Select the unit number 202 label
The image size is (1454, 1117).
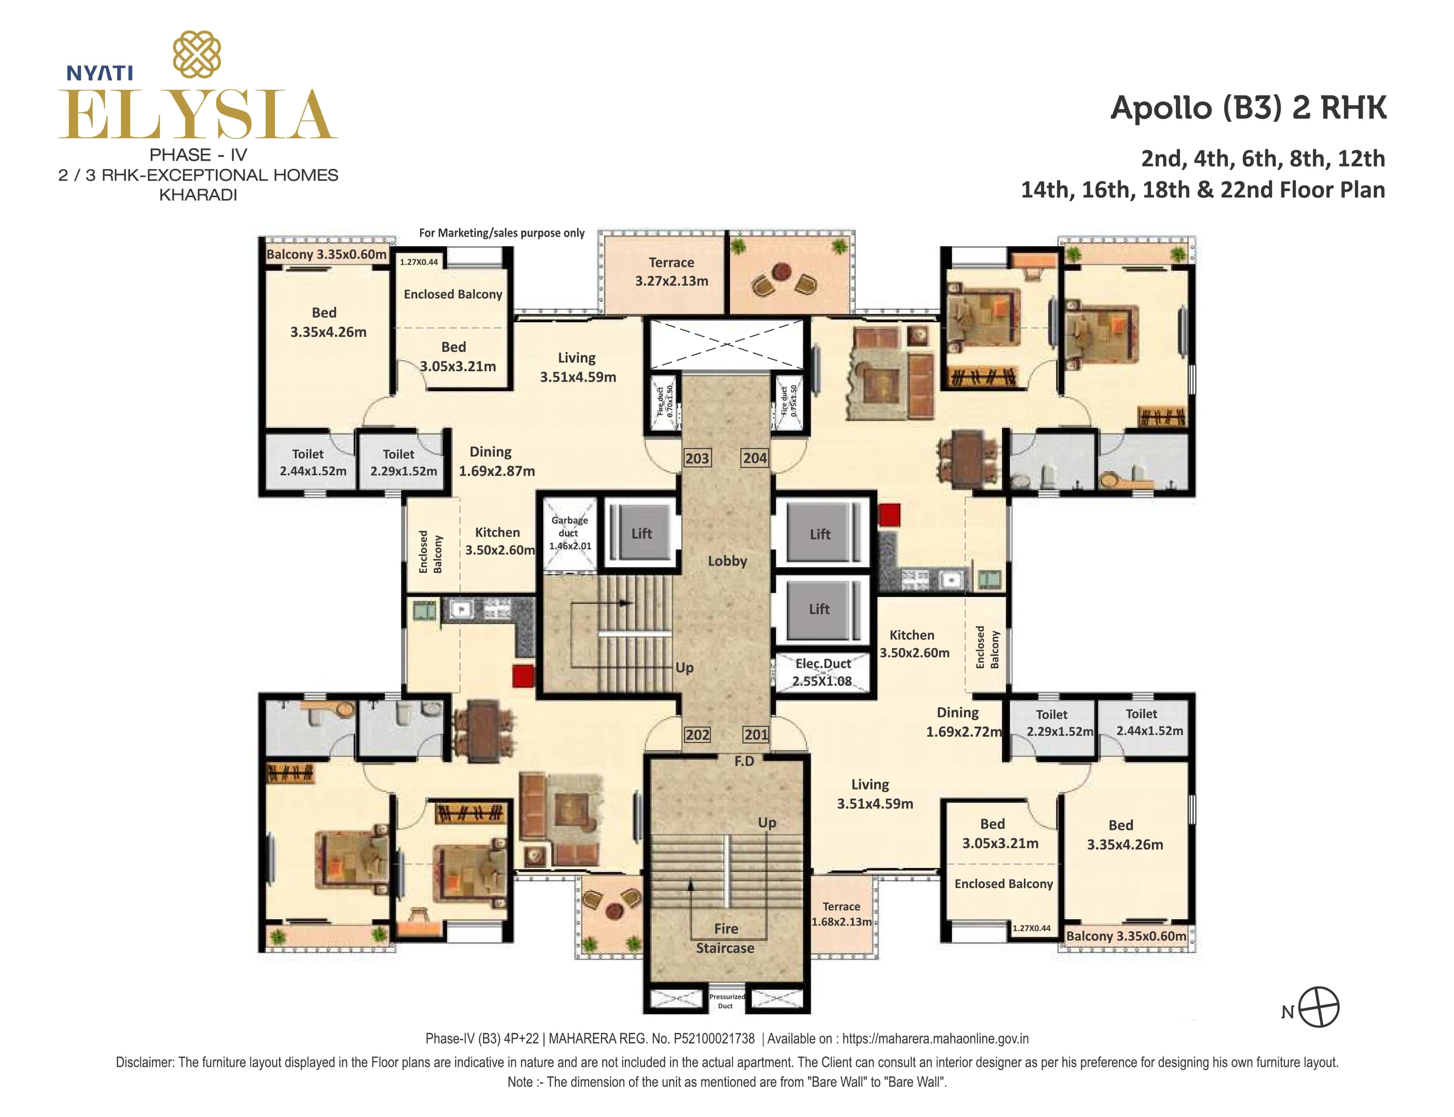coord(697,735)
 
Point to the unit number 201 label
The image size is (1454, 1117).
coord(755,735)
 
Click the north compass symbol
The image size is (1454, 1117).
coord(1318,1007)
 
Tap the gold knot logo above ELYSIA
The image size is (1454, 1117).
coord(197,55)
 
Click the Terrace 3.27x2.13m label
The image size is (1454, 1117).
coord(671,271)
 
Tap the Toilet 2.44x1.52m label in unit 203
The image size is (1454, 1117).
coord(312,462)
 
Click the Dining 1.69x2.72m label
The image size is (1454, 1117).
coord(962,722)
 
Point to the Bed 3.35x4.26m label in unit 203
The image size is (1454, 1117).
coord(327,322)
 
